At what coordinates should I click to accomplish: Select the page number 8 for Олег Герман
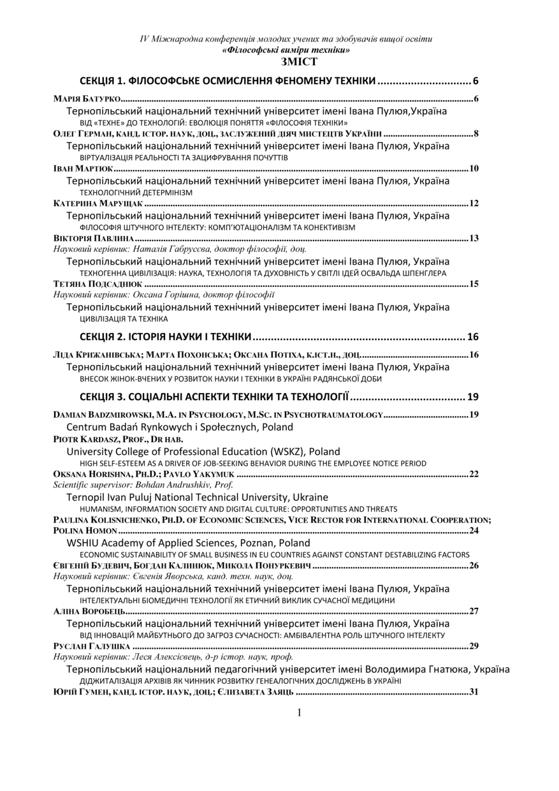point(476,134)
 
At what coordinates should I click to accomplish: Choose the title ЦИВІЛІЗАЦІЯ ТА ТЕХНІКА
point(124,318)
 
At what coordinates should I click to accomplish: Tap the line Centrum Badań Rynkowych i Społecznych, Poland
point(180,427)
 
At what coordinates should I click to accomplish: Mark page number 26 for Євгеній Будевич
point(474,566)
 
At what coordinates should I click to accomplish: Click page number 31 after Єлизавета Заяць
point(474,692)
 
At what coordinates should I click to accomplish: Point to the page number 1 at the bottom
point(299,713)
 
